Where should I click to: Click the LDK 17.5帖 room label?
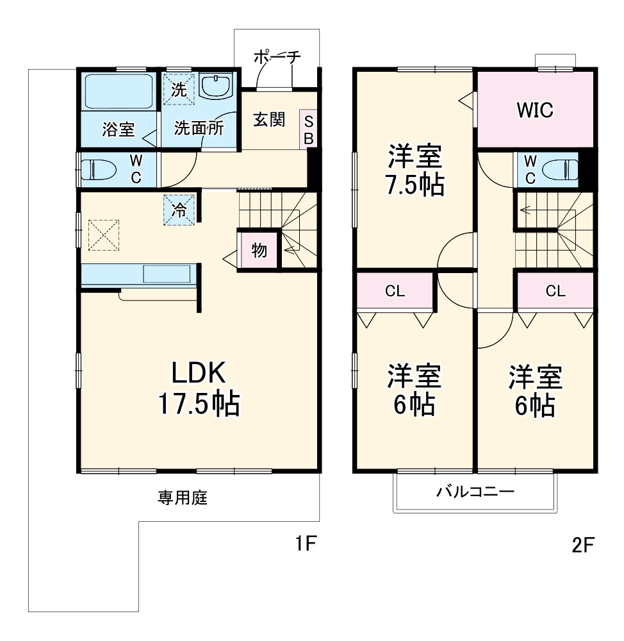pos(199,388)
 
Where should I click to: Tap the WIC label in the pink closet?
pos(535,110)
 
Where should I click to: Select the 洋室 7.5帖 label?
pos(415,171)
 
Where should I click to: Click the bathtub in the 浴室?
pos(119,92)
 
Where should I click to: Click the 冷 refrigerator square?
pos(180,209)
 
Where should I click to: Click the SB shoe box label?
pos(308,129)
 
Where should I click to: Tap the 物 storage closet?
pos(259,250)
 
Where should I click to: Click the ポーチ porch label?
pos(277,56)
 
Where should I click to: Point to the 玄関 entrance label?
pos(268,120)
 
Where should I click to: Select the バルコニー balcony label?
pos(475,492)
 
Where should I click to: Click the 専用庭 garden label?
pos(183,497)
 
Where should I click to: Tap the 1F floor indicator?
pos(306,544)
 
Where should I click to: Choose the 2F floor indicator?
pos(584,545)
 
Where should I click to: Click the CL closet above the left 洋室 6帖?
pos(395,291)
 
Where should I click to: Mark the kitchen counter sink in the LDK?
pos(166,274)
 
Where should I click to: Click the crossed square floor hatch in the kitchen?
pos(104,235)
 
